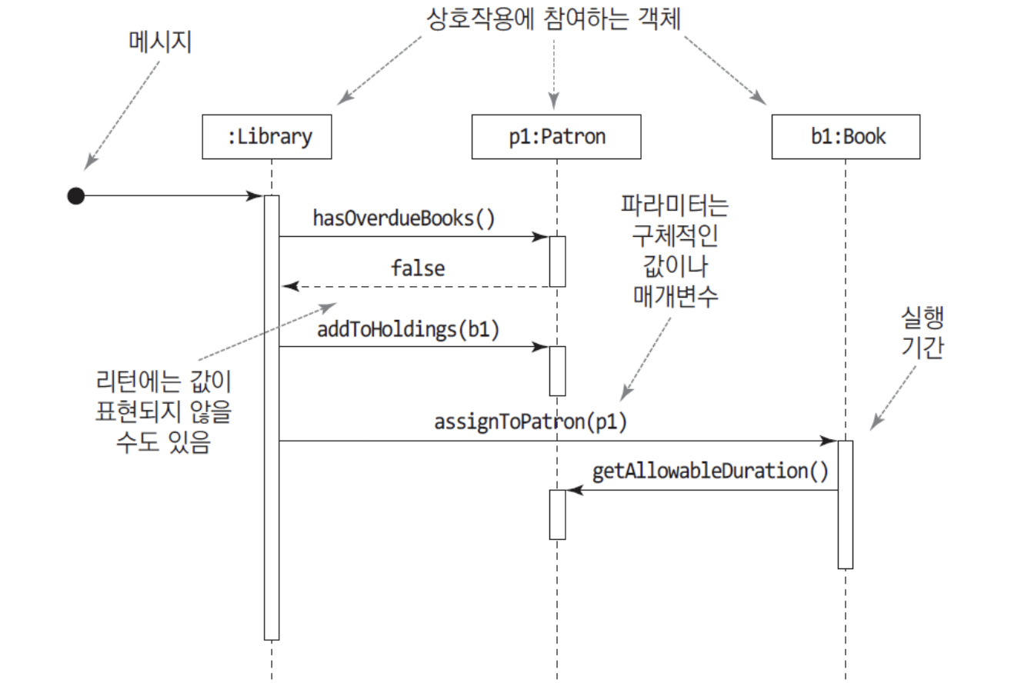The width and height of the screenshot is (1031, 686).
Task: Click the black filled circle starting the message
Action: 76,196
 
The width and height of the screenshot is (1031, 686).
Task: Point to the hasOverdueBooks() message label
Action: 404,218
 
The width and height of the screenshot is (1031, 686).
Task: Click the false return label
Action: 418,268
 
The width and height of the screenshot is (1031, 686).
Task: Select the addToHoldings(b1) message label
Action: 409,329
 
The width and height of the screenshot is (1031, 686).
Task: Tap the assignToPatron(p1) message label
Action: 530,422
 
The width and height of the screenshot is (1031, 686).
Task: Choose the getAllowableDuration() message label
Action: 710,471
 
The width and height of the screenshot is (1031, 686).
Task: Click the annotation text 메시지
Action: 160,42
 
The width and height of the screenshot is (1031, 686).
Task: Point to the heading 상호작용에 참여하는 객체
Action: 554,19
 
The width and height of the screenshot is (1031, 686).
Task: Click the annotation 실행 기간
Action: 923,332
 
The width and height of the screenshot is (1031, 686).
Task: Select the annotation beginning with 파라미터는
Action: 675,251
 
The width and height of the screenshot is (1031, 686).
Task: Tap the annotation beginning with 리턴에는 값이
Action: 163,411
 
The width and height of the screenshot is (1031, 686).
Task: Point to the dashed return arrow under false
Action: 415,287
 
